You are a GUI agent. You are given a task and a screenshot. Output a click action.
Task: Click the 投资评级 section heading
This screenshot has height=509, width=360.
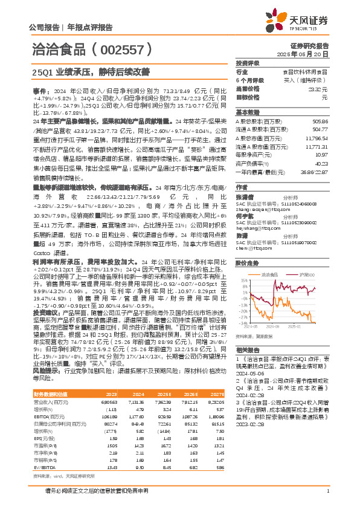pos(248,63)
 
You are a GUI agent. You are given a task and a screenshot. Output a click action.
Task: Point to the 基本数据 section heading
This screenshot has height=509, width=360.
pos(247,112)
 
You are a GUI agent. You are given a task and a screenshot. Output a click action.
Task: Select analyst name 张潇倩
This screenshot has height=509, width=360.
pos(243,196)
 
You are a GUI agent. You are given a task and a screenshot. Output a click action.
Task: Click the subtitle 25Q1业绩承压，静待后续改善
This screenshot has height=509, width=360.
pos(93,71)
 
